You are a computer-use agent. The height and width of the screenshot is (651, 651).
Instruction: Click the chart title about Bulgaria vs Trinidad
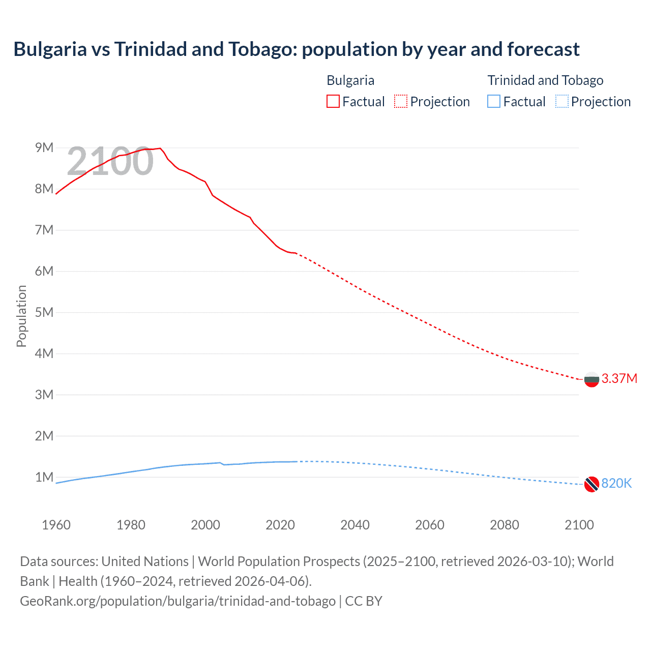(x=297, y=49)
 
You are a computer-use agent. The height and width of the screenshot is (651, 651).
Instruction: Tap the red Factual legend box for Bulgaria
(x=333, y=101)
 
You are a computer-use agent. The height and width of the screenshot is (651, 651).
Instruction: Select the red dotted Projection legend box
(x=401, y=101)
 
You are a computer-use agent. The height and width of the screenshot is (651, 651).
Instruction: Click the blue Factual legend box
(x=494, y=101)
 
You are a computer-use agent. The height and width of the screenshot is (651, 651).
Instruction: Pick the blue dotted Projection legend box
(x=562, y=101)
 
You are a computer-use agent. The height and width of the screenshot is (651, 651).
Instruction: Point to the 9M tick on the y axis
(x=44, y=147)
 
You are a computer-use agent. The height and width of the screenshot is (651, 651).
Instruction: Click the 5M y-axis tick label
(x=44, y=312)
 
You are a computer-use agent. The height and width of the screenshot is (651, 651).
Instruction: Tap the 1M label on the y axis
(x=44, y=477)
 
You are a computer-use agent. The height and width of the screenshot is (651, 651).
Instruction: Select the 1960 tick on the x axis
(x=56, y=525)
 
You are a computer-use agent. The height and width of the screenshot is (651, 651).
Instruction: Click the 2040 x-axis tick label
(x=355, y=525)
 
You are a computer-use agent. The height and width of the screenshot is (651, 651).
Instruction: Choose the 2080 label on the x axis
(x=505, y=525)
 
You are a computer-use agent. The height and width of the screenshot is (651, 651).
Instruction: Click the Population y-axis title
(x=21, y=316)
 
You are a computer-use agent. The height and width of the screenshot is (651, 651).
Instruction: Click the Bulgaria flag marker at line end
(x=591, y=379)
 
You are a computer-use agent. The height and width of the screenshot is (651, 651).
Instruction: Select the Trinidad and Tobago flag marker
(x=591, y=484)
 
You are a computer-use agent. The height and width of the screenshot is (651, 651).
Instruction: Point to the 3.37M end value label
(x=619, y=378)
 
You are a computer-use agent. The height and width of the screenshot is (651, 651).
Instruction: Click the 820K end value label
(x=616, y=483)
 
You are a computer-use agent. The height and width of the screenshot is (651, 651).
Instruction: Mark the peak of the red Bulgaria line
(x=160, y=148)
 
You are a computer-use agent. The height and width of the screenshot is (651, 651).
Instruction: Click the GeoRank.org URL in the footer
(x=177, y=601)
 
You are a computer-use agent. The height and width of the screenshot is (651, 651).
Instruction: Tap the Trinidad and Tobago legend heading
(x=545, y=80)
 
